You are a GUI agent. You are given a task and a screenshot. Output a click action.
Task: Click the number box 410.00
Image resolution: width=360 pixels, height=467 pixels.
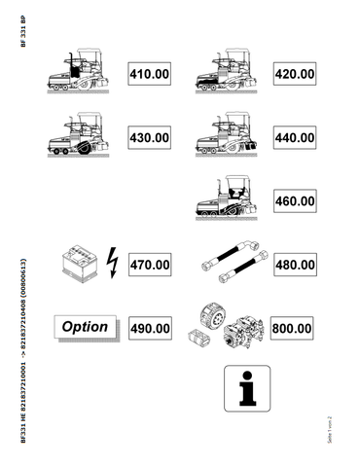[x=150, y=74]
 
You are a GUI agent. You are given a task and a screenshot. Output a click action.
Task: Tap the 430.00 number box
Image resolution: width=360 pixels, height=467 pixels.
[x=150, y=138]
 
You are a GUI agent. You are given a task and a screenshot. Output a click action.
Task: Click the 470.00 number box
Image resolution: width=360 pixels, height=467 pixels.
[x=150, y=264]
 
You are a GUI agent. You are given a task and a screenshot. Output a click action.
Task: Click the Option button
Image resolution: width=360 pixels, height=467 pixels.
[x=85, y=327]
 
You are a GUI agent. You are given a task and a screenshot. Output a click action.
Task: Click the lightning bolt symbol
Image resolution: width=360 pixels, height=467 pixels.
[x=110, y=262]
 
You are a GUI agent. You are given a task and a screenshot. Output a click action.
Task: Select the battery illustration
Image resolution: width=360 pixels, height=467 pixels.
[x=78, y=262]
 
